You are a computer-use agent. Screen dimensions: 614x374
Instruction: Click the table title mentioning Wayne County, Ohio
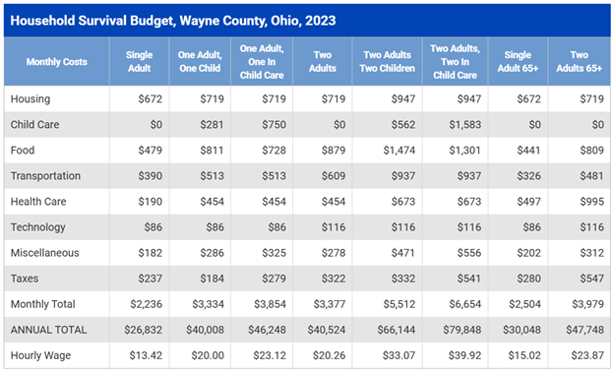pyautogui.click(x=173, y=21)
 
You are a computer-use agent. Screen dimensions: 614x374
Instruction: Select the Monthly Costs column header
pyautogui.click(x=57, y=61)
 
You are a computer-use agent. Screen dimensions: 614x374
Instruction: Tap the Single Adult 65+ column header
pyautogui.click(x=518, y=61)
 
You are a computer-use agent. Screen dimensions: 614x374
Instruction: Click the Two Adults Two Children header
pyautogui.click(x=387, y=61)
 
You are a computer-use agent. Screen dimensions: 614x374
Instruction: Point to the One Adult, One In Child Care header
pyautogui.click(x=262, y=61)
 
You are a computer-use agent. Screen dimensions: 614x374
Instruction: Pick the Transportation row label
pyautogui.click(x=45, y=176)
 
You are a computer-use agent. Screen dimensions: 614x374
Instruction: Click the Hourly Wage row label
pyautogui.click(x=40, y=355)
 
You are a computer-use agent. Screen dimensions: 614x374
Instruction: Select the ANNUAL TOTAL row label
pyautogui.click(x=48, y=330)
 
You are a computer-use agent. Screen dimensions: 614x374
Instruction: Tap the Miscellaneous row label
pyautogui.click(x=44, y=253)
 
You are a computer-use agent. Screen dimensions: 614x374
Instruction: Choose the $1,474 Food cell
pyautogui.click(x=399, y=151)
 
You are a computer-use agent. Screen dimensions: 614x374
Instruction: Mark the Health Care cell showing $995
pyautogui.click(x=591, y=202)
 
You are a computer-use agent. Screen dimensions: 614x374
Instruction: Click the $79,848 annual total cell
pyautogui.click(x=462, y=330)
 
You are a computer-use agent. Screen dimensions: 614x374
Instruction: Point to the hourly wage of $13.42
pyautogui.click(x=146, y=355)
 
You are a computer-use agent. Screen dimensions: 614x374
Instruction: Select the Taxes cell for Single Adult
pyautogui.click(x=150, y=279)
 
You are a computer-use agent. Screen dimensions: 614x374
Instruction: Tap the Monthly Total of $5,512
pyautogui.click(x=399, y=304)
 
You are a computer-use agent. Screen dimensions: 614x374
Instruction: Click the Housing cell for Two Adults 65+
pyautogui.click(x=591, y=98)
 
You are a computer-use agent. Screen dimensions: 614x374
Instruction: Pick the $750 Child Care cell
pyautogui.click(x=274, y=125)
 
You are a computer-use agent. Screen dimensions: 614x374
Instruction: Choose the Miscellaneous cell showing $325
pyautogui.click(x=274, y=253)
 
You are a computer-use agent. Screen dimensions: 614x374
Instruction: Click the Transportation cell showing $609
pyautogui.click(x=334, y=176)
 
